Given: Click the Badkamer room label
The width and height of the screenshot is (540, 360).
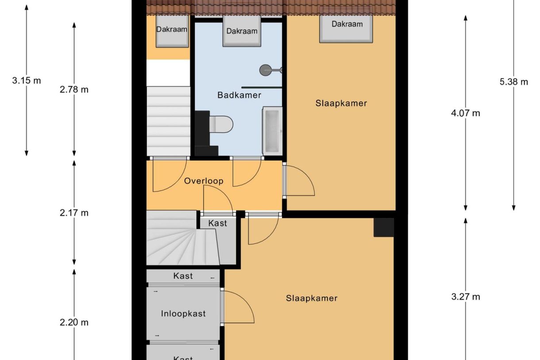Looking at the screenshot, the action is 239,95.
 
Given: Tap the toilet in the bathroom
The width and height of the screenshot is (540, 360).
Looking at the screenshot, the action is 221,124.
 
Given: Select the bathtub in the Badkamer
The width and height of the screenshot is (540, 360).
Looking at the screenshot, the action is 272,131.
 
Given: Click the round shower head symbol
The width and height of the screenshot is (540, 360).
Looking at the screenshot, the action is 265,70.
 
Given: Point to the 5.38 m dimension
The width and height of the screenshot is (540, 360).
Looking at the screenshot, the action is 514,82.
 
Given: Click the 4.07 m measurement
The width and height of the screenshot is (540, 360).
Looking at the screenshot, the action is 466,113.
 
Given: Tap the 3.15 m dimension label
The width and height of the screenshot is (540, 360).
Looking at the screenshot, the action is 27,81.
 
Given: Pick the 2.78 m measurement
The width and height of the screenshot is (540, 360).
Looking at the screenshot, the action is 74,90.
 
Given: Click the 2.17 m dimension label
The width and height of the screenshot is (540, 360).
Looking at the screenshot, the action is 74,213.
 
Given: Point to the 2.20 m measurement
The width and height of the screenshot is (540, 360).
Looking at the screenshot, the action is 74,322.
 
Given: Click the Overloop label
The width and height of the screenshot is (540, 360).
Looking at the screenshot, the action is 204,181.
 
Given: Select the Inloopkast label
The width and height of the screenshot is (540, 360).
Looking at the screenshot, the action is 183,314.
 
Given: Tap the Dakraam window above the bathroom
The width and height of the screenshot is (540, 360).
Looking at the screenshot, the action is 242,31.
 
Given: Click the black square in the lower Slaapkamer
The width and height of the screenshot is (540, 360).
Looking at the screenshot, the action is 384,228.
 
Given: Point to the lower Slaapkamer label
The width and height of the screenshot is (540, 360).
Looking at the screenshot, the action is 312,298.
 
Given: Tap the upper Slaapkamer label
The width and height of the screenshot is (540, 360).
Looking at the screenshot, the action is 341,103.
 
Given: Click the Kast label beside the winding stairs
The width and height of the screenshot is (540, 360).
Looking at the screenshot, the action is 217,223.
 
